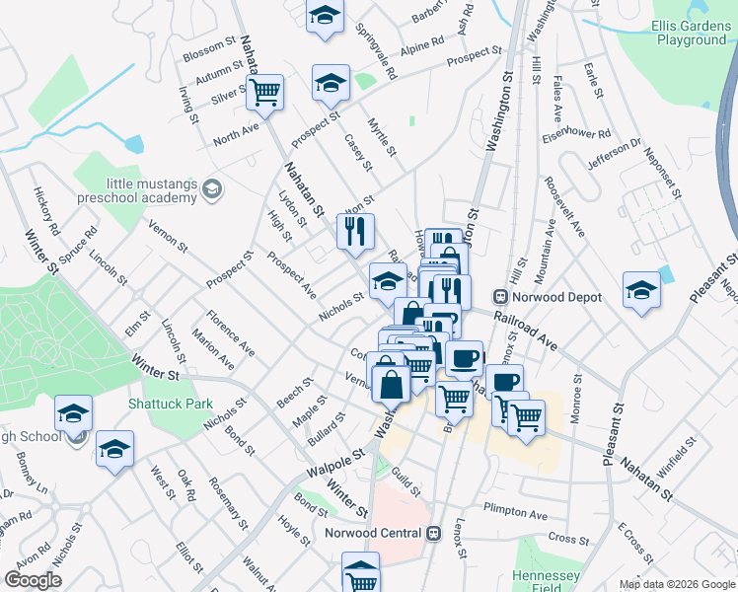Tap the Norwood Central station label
pyautogui.click(x=375, y=534)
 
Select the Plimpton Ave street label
pyautogui.click(x=515, y=514)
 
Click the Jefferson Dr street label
pyautogui.click(x=614, y=154)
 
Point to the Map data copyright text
pyautogui.click(x=677, y=584)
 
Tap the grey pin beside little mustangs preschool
pyautogui.click(x=211, y=188)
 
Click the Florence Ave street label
pyautogui.click(x=230, y=333)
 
